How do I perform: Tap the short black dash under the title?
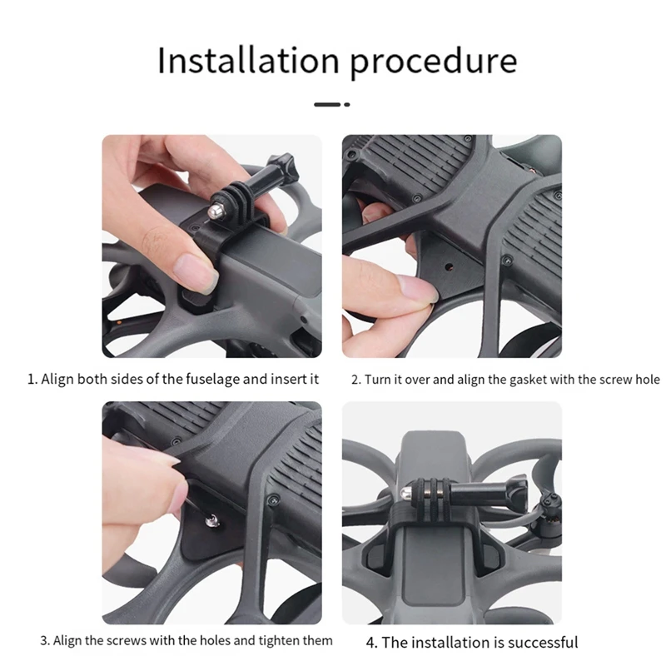(x=327, y=105)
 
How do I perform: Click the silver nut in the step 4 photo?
(x=409, y=494)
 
